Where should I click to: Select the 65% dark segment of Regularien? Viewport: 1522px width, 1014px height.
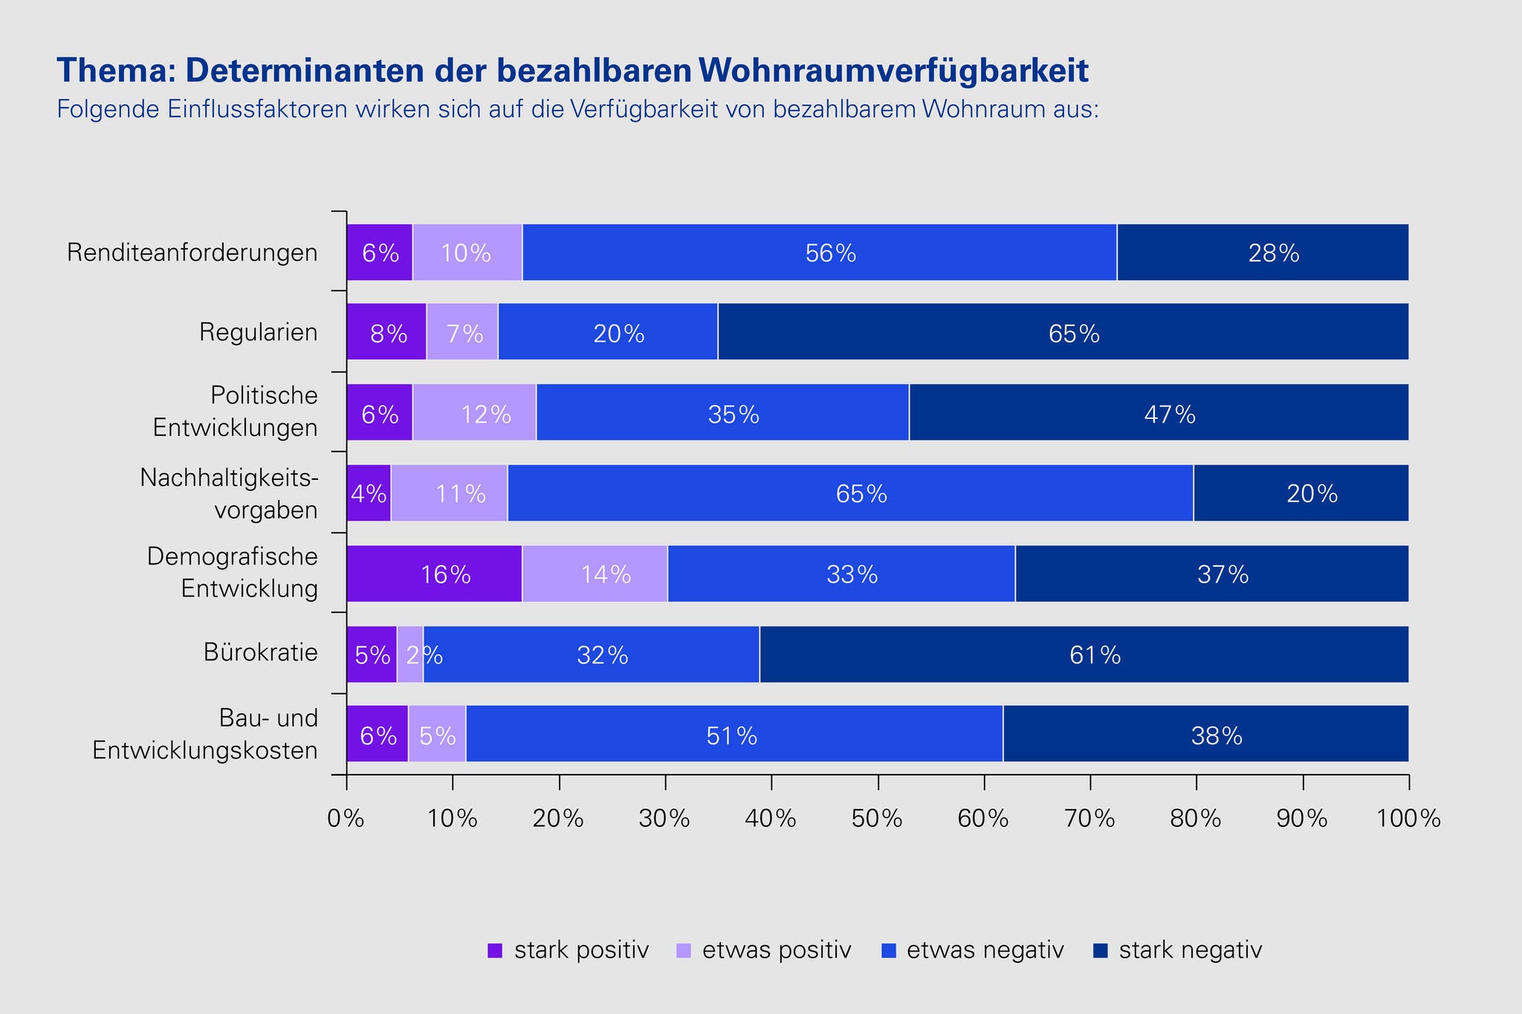(x=1063, y=332)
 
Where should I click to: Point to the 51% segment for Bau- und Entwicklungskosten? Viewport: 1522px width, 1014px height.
(x=734, y=734)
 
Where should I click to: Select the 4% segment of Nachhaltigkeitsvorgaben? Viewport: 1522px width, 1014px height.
(x=369, y=493)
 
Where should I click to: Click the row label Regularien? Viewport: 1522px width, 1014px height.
(x=258, y=332)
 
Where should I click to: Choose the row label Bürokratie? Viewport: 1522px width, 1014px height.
(x=260, y=653)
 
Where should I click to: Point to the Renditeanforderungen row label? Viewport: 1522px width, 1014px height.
(x=192, y=253)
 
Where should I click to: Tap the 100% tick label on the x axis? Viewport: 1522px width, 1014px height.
(x=1408, y=819)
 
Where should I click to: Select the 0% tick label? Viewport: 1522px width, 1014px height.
(x=346, y=819)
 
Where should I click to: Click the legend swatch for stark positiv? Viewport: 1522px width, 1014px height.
(x=495, y=951)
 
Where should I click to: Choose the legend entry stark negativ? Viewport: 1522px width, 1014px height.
(x=1190, y=950)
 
